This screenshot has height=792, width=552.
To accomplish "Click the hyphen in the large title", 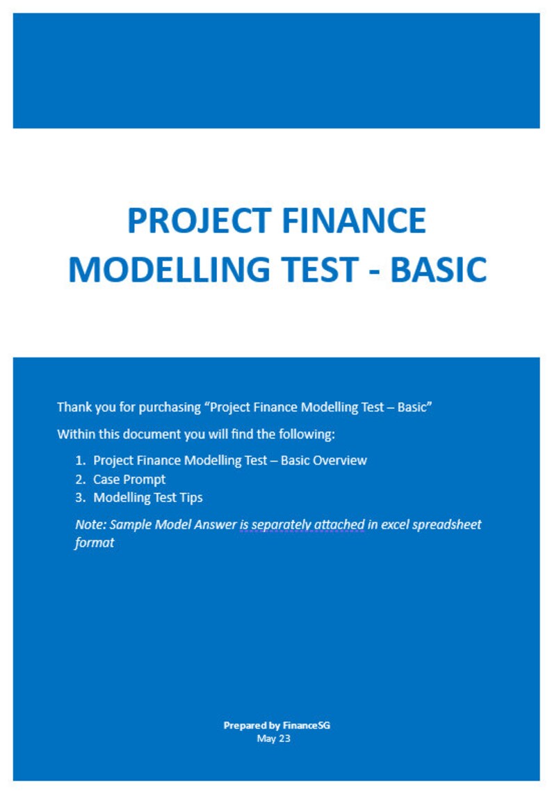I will coord(375,270).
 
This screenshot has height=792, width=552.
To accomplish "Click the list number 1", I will coord(80,460).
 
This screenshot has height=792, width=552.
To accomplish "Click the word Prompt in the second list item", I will coord(145,479).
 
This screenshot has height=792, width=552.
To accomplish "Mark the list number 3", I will coord(80,498).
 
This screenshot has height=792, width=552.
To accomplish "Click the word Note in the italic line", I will coord(89,524).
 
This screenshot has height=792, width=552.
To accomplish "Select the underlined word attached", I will coord(340,524).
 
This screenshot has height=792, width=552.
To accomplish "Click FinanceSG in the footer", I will coord(307,725).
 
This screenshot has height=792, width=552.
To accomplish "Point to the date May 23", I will coord(274,738).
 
